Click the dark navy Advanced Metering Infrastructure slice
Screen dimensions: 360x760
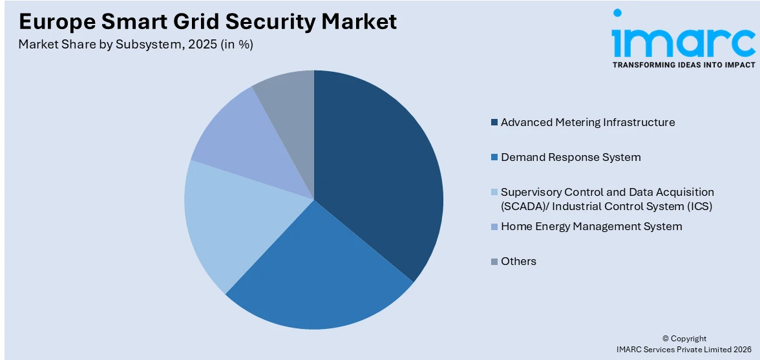coord(381,175)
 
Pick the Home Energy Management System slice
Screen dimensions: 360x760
coord(252,142)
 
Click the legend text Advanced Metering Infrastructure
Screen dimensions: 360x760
coord(587,122)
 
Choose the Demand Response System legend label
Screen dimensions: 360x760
coord(571,157)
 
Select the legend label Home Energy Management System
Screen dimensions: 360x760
coord(591,226)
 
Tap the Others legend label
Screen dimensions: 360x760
coord(518,261)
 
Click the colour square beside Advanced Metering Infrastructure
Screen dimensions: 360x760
coord(494,123)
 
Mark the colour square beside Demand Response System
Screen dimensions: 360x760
coord(494,158)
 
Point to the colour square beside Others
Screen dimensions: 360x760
coord(494,262)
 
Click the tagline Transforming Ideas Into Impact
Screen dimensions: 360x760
coord(683,65)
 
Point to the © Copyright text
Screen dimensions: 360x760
coord(684,339)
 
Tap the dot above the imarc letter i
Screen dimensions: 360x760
coord(617,12)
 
